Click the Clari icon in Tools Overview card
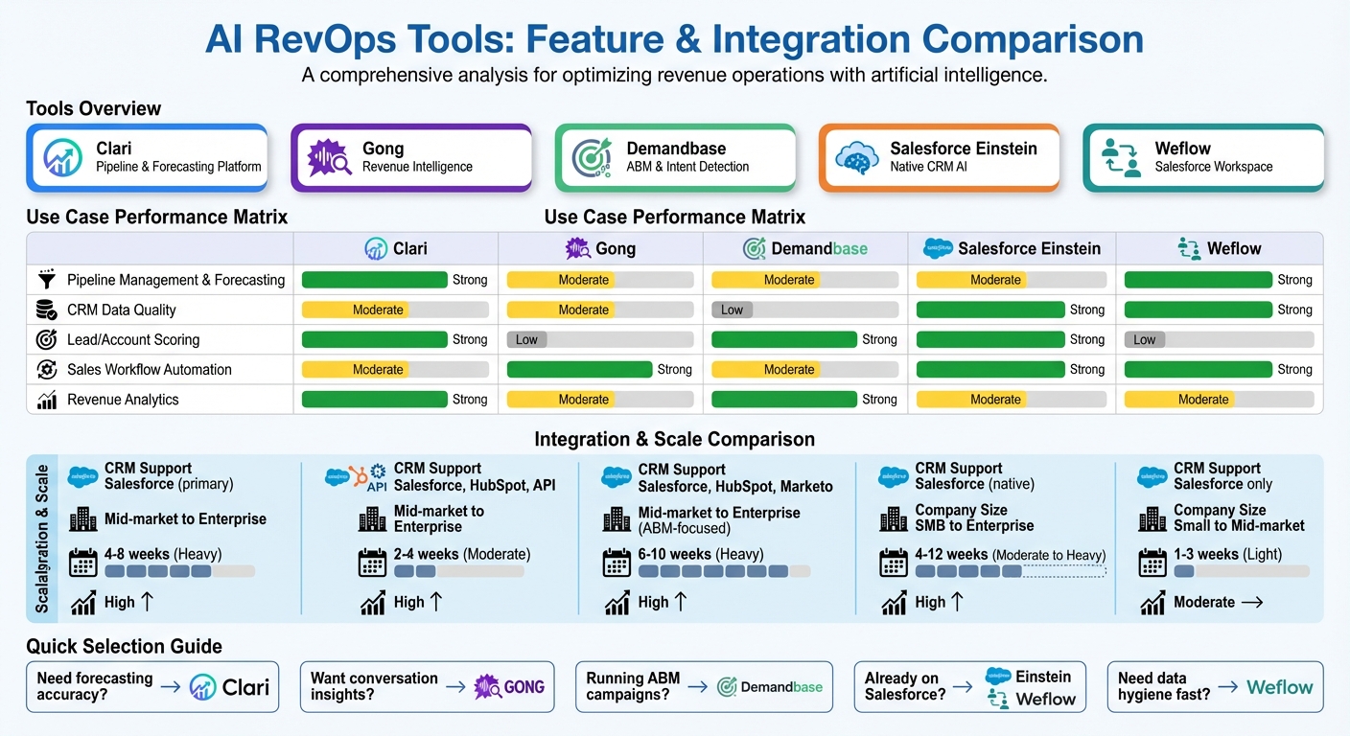[x=63, y=157]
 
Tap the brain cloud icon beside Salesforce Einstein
[x=856, y=157]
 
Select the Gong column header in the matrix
[x=600, y=249]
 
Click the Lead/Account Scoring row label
[x=133, y=339]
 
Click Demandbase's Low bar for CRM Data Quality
[x=732, y=310]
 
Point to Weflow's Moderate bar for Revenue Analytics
[x=1178, y=400]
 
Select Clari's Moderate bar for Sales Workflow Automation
[x=354, y=369]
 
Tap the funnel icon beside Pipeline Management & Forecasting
[x=45, y=280]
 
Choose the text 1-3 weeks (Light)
[x=1227, y=554]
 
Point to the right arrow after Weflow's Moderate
[x=1252, y=603]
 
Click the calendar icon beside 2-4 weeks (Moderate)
[x=372, y=563]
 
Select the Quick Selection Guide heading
[x=124, y=646]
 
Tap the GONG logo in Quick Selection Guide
[x=510, y=686]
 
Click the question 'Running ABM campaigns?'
[x=633, y=686]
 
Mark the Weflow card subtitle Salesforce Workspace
[x=1213, y=167]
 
